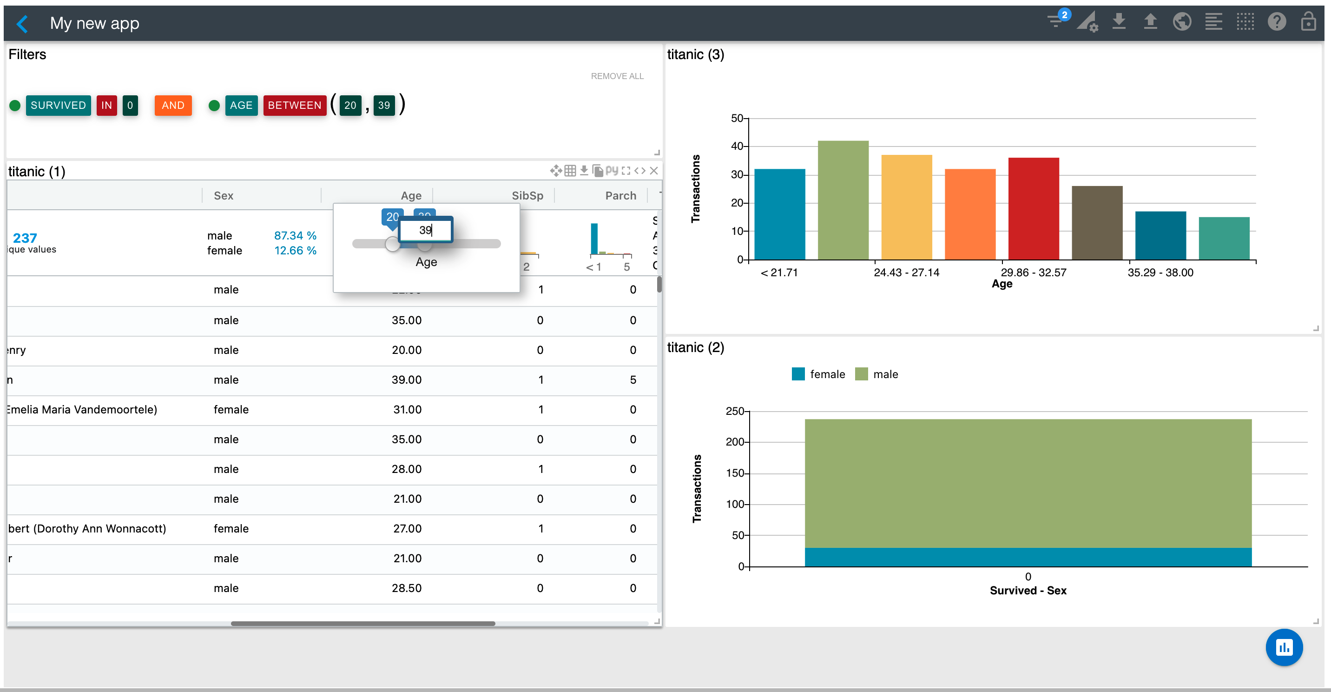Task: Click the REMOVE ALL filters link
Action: [617, 76]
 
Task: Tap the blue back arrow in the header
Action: [22, 24]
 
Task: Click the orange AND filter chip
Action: [172, 106]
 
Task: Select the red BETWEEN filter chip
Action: [295, 106]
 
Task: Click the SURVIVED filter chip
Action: [58, 106]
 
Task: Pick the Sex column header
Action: [223, 195]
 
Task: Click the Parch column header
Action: [620, 195]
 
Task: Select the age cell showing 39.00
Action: [406, 380]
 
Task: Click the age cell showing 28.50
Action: [406, 588]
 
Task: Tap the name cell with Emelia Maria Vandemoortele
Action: [83, 410]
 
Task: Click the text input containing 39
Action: [426, 230]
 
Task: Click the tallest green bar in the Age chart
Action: [843, 200]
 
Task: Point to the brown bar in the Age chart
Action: [1097, 222]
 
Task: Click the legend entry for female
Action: [818, 374]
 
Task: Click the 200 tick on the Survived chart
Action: [734, 442]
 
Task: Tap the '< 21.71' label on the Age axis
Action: [779, 273]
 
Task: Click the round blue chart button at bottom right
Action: [1284, 647]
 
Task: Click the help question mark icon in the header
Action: [1276, 22]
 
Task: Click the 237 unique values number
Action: [25, 238]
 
